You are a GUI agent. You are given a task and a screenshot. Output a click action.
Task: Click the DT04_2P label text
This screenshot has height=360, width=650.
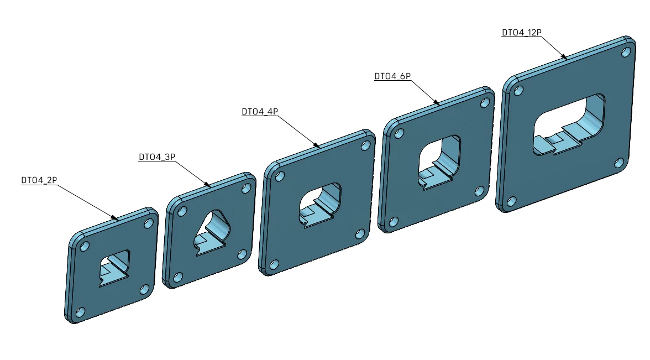[x=39, y=180]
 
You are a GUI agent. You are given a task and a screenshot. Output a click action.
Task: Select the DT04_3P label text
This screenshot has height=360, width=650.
[x=157, y=157]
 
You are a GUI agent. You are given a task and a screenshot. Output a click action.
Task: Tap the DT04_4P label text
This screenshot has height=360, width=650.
[x=260, y=112]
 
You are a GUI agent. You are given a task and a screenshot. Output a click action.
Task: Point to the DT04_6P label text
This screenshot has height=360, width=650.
[x=392, y=76]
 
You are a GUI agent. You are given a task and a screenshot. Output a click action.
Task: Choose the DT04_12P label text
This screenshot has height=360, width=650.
[x=522, y=32]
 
